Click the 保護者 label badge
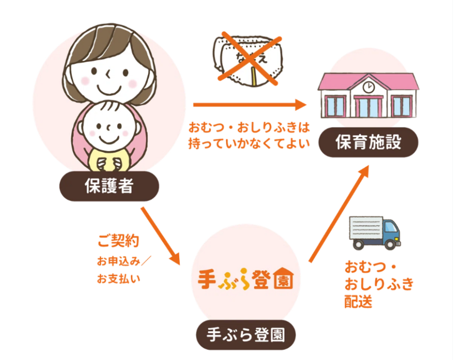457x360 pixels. point(109,186)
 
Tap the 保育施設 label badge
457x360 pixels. point(368,142)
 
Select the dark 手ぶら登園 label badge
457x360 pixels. point(246,335)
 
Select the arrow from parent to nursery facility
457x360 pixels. point(249,104)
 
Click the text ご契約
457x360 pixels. point(118,241)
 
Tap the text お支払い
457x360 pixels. point(118,279)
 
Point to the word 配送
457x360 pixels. point(358,301)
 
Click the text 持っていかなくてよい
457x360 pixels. point(249,143)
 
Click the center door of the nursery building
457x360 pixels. point(368,107)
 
